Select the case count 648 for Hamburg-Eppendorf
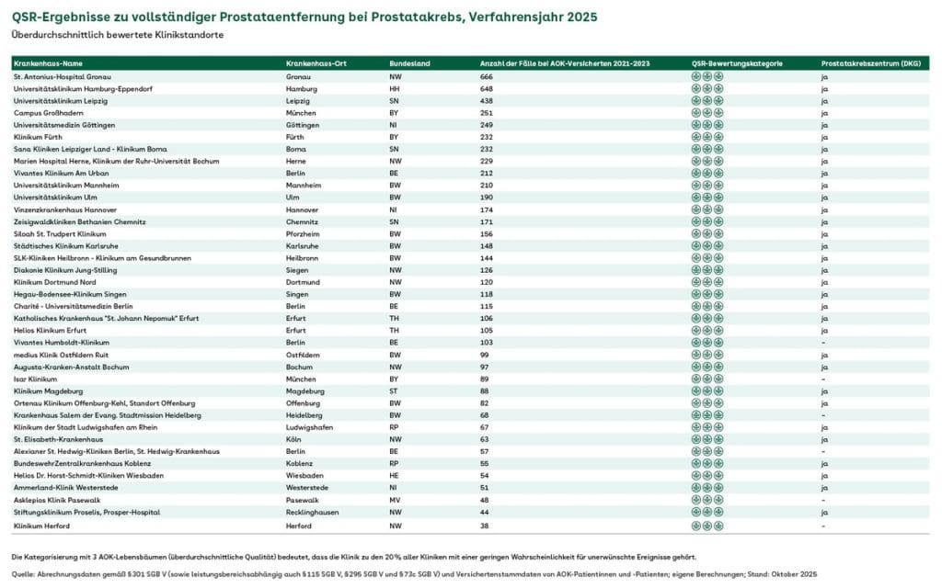pyautogui.click(x=487, y=88)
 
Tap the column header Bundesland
pyautogui.click(x=409, y=63)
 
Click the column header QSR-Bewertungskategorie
pyautogui.click(x=737, y=63)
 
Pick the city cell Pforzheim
pyautogui.click(x=303, y=234)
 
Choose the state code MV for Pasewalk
pyautogui.click(x=395, y=500)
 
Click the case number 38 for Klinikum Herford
pyautogui.click(x=484, y=525)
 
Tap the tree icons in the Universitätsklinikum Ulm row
pyautogui.click(x=706, y=198)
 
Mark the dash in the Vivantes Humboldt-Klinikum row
pyautogui.click(x=822, y=343)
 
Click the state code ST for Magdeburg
pyautogui.click(x=394, y=391)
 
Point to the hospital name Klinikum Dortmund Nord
pyautogui.click(x=54, y=282)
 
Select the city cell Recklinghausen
pyautogui.click(x=313, y=512)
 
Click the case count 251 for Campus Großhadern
pyautogui.click(x=487, y=112)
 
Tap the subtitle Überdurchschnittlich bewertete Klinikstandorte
pyautogui.click(x=117, y=35)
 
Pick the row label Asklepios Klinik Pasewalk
pyautogui.click(x=57, y=500)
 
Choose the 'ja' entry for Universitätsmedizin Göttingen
pyautogui.click(x=824, y=125)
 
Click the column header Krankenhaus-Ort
pyautogui.click(x=316, y=63)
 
